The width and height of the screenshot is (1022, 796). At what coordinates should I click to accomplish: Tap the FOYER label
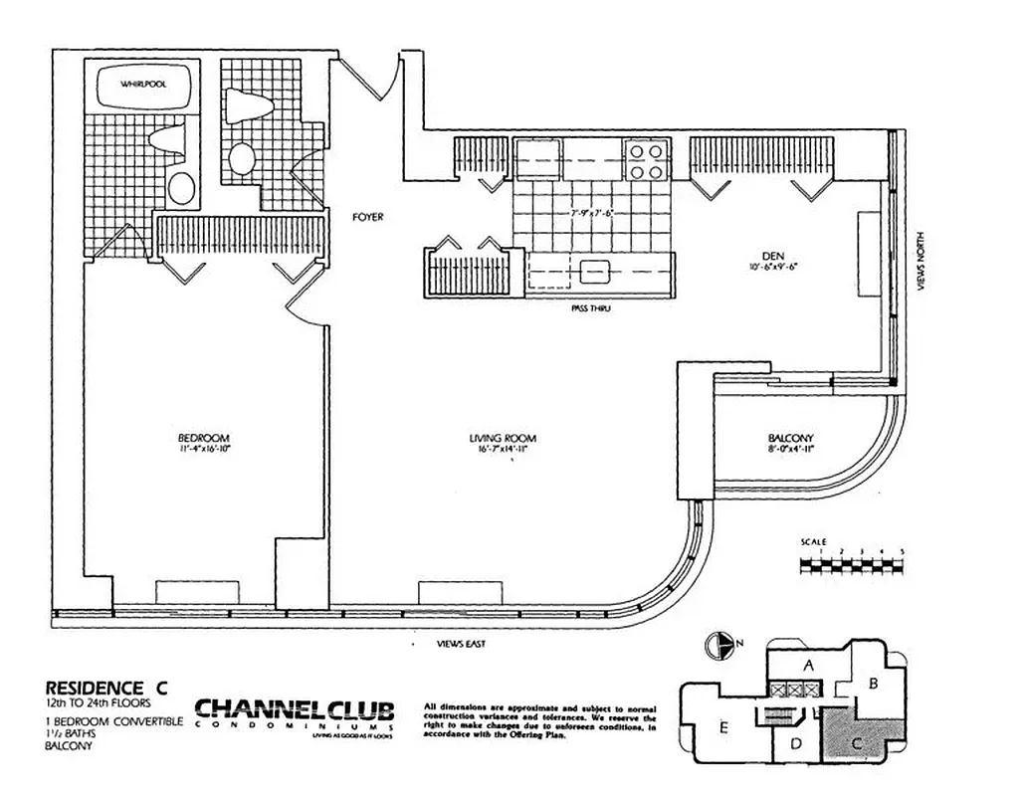(x=369, y=216)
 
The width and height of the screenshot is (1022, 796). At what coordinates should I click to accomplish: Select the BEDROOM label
(x=204, y=439)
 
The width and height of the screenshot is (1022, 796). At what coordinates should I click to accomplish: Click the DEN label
(x=763, y=254)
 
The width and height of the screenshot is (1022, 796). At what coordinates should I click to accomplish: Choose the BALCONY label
(x=791, y=439)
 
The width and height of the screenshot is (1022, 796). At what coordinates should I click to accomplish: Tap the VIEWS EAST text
(x=462, y=645)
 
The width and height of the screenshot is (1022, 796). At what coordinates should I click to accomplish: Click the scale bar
(x=852, y=564)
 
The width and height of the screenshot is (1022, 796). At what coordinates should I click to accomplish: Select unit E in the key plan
(x=723, y=728)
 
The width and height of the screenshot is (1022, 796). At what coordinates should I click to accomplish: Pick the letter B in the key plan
(x=872, y=683)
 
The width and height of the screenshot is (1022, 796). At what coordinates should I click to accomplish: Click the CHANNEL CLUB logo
(x=295, y=712)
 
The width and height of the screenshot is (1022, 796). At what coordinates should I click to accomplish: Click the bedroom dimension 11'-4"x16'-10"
(x=204, y=451)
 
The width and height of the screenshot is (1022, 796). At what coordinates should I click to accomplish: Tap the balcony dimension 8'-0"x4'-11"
(x=791, y=451)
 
